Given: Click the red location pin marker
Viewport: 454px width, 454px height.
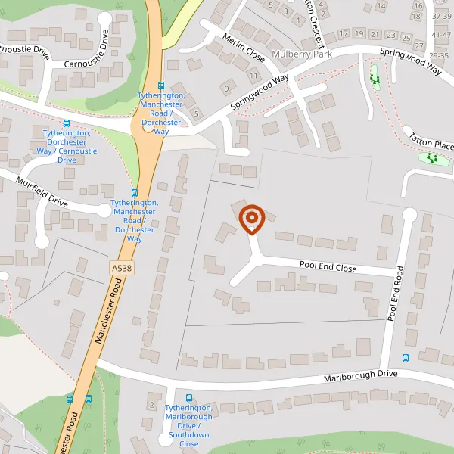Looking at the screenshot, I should click(251, 219).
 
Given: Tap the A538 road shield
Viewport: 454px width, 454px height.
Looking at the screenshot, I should click(119, 268).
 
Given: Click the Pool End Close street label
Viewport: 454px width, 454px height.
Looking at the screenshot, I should click(328, 267).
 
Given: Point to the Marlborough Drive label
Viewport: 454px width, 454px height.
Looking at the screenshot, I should click(360, 375).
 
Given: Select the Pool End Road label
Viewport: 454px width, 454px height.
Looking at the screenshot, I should click(393, 294).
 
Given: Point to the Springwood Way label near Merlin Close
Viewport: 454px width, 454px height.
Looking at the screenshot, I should click(260, 92).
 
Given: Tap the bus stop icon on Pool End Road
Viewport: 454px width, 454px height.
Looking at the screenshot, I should click(406, 358).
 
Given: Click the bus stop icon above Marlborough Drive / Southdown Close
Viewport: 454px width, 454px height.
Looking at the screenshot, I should click(188, 398).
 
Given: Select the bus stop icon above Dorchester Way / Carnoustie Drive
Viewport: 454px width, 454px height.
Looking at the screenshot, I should click(67, 123).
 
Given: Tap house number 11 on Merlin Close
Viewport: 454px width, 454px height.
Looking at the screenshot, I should click(252, 76).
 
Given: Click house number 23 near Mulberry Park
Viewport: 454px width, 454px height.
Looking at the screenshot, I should click(390, 35).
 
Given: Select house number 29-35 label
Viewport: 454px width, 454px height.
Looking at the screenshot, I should click(439, 54).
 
